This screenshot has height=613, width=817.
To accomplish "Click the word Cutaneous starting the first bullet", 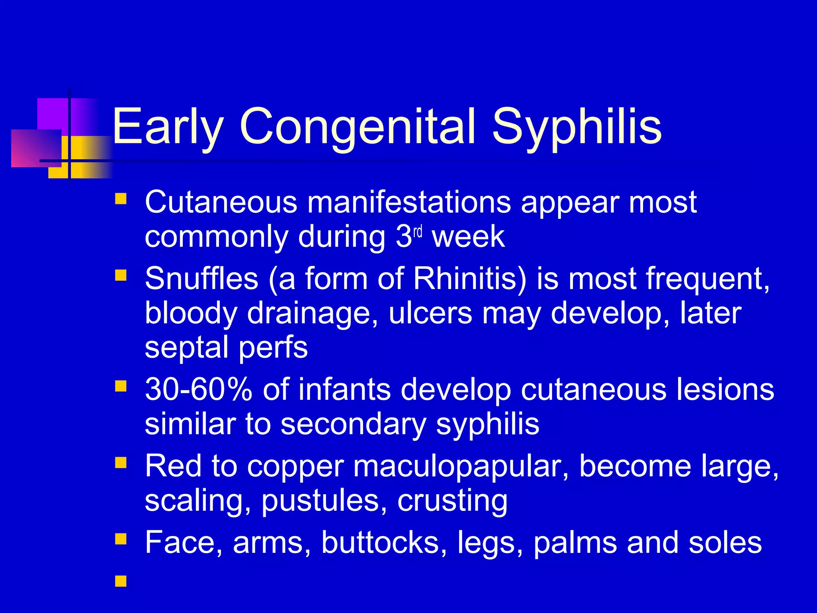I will [221, 202].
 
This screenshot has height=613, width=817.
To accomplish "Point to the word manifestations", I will [409, 202].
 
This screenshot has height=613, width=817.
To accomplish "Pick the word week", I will [468, 237].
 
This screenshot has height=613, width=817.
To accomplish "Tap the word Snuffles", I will [201, 279].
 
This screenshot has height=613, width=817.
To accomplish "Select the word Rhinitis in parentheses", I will [470, 279].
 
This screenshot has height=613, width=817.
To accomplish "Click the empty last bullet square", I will [120, 581].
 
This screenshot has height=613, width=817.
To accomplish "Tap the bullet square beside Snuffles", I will [120, 275].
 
